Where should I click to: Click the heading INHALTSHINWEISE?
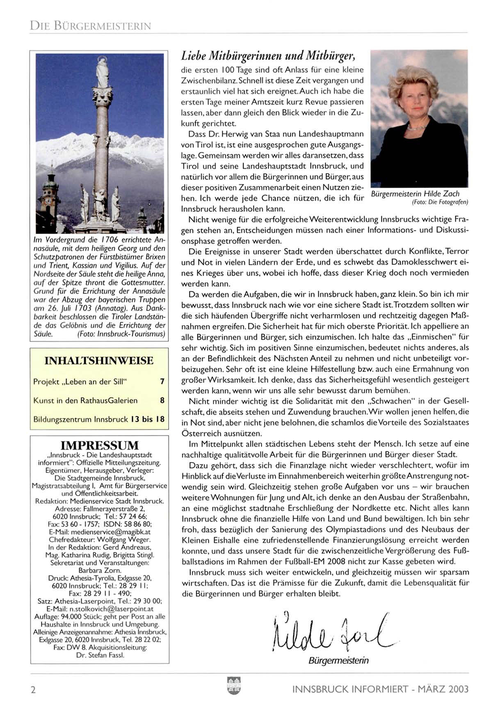(x=99, y=361)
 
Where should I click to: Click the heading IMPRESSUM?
(x=100, y=446)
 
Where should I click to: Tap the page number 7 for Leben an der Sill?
(x=162, y=382)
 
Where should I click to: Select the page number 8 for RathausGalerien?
(x=162, y=401)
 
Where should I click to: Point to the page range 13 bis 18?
(x=148, y=420)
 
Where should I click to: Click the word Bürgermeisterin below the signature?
(x=338, y=661)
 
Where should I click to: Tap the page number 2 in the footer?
(x=33, y=690)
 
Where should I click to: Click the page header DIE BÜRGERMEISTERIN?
(x=91, y=26)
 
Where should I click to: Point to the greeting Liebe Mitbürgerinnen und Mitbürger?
(x=268, y=55)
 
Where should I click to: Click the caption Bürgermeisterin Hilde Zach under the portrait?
(x=415, y=194)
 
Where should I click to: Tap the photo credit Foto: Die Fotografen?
(x=440, y=202)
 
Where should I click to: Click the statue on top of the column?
(x=101, y=72)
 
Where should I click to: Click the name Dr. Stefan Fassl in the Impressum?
(x=100, y=655)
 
